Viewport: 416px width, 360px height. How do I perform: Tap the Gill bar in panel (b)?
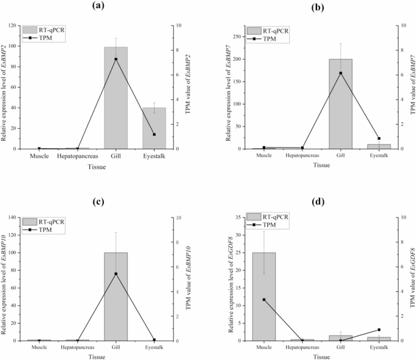[x=340, y=104]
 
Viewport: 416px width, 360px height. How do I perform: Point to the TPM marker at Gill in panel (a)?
[x=115, y=59]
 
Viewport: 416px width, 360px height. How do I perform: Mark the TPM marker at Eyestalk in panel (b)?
[x=379, y=138]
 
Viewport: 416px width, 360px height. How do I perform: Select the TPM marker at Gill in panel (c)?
[x=115, y=274]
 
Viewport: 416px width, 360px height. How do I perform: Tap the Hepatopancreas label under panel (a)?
[x=77, y=156]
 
